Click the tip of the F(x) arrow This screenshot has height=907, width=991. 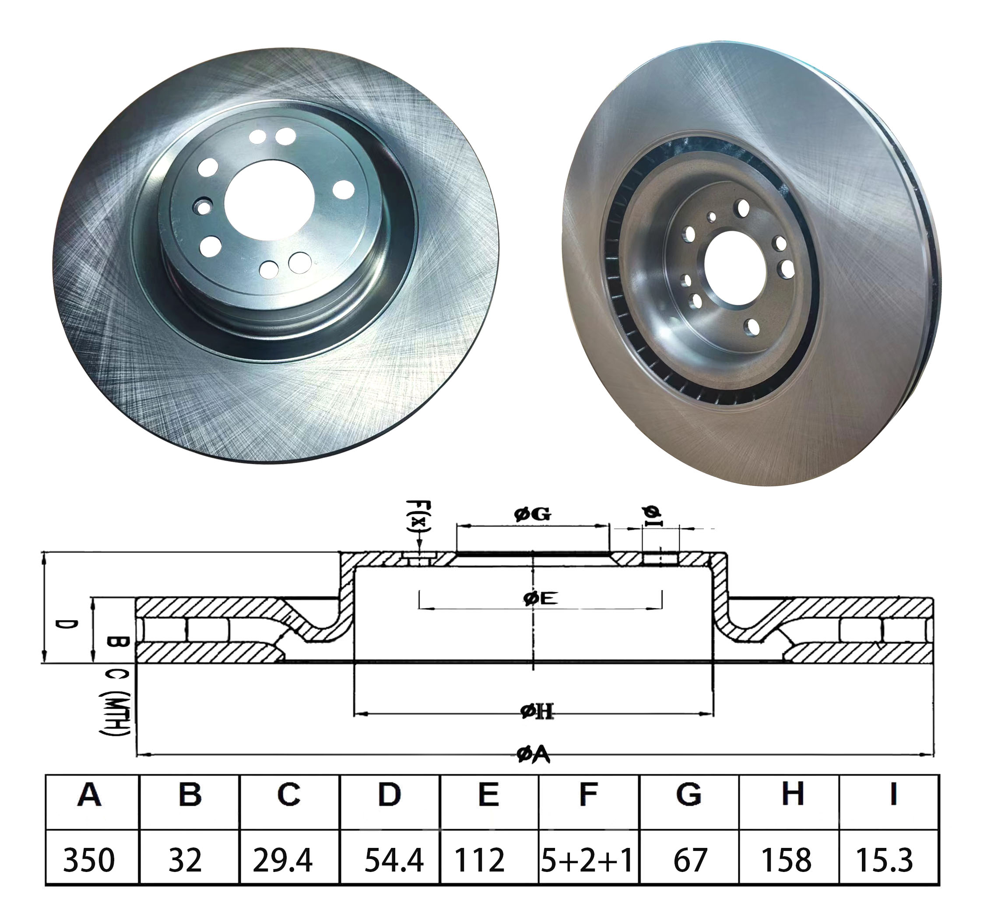tap(419, 552)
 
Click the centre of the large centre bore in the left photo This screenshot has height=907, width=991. tap(269, 200)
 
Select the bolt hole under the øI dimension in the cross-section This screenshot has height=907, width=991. tap(661, 558)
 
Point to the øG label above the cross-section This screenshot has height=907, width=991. tap(533, 514)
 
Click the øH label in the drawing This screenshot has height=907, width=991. tap(537, 711)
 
